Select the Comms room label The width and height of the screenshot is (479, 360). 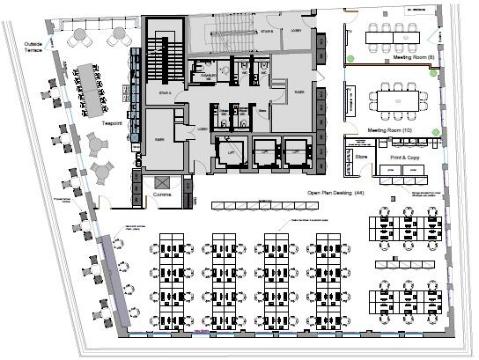point(161,193)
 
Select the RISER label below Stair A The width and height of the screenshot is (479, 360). point(160,138)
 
